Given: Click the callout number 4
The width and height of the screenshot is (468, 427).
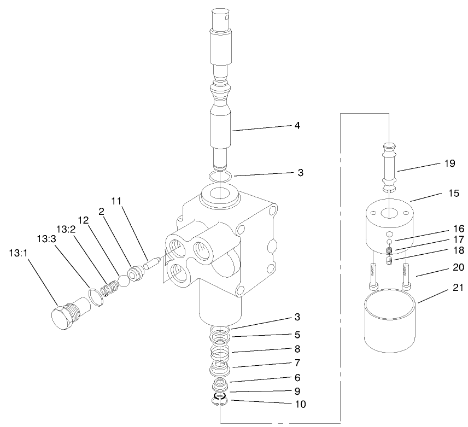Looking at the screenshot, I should point(297,125).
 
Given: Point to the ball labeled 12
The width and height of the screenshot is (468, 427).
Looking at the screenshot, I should point(123,280).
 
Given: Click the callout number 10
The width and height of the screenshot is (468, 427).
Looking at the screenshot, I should point(300,405).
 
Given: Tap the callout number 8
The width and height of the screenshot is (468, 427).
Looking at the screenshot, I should point(297,348).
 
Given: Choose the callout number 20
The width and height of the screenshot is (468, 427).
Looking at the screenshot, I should point(459,267).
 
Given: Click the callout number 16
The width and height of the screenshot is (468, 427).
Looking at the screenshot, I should point(459,228).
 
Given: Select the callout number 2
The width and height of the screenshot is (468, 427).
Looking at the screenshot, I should point(101,211).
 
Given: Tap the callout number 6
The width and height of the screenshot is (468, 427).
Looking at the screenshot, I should point(297,377).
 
